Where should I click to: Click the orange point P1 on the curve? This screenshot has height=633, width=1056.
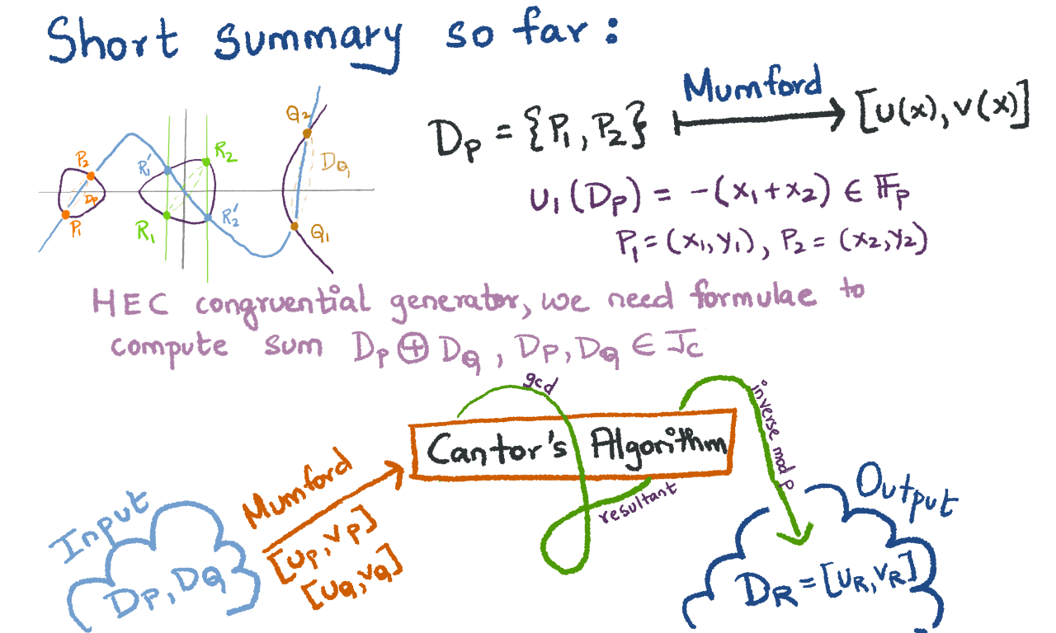coord(65,214)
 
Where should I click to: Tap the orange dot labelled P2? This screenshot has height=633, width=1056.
coord(91,176)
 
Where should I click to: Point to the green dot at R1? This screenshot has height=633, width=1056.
coord(167,216)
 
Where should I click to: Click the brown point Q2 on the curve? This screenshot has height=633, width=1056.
coord(307,133)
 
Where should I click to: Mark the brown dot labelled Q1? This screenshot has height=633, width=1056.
coord(295,225)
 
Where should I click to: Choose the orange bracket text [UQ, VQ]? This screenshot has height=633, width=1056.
coord(353,579)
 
